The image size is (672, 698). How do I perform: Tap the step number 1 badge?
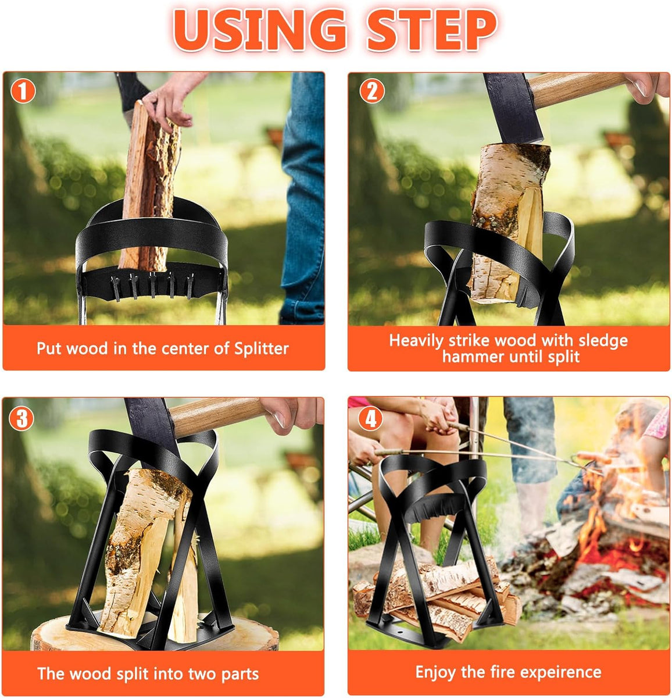tap(23, 91)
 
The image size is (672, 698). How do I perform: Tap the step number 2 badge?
tap(371, 91)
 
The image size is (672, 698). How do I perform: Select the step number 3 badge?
tap(22, 418)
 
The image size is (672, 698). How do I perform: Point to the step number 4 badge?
tap(371, 418)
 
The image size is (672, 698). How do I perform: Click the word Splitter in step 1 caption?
tap(261, 348)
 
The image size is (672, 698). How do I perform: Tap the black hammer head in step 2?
tap(512, 111)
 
